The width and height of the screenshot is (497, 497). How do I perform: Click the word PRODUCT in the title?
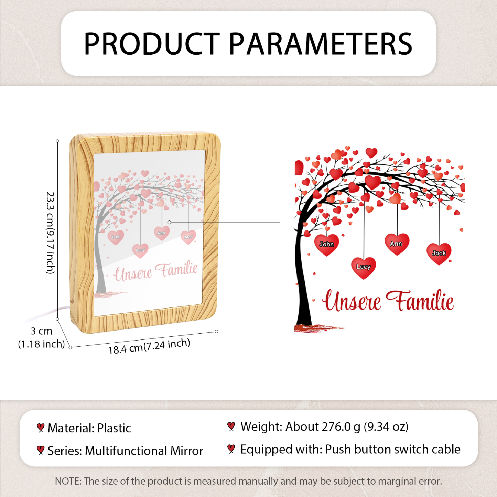click(x=152, y=44)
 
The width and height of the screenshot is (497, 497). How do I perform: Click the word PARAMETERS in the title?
click(x=320, y=44)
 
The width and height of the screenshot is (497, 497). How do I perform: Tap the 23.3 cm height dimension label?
click(x=50, y=233)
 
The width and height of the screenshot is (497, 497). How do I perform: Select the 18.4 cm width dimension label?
click(x=149, y=346)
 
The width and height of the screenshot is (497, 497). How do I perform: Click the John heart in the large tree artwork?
click(x=326, y=245)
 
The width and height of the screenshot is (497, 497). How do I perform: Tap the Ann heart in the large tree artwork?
click(x=397, y=244)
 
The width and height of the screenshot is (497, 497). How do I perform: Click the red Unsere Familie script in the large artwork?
click(x=388, y=300)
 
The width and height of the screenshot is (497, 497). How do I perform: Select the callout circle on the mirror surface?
click(x=169, y=222)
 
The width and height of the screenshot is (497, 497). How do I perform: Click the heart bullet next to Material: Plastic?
click(x=41, y=428)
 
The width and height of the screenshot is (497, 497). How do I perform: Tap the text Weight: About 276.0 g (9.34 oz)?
click(x=324, y=426)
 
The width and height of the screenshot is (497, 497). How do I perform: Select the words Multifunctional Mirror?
click(x=144, y=451)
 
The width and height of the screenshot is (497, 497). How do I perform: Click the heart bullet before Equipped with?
click(x=231, y=449)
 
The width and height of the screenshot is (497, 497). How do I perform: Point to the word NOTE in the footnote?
click(x=68, y=481)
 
